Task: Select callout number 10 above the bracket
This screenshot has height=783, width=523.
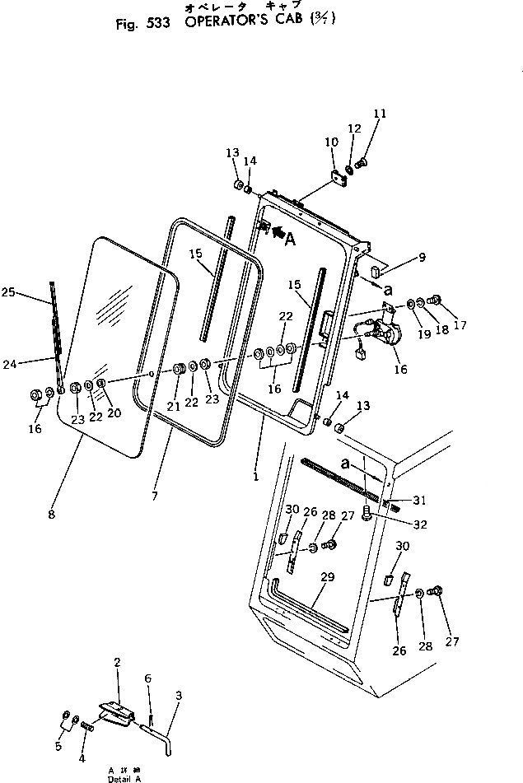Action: coord(331,142)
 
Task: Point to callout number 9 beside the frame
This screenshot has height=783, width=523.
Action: coord(421,257)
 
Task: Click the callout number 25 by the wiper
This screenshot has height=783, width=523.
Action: coord(9,291)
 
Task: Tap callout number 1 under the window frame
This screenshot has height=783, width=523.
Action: coord(255,475)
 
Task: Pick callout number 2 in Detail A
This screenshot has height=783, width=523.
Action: coord(117,685)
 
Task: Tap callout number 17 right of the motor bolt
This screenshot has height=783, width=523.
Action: coord(460,325)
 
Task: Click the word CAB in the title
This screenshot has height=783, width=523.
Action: coord(297,23)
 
